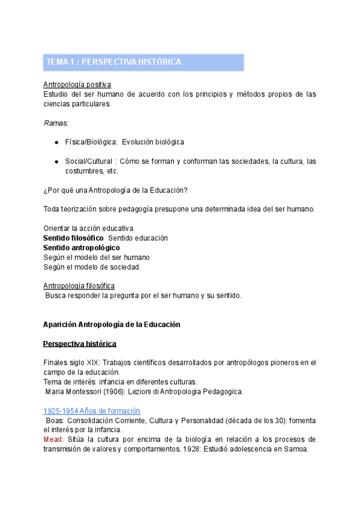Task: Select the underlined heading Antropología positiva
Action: (x=77, y=85)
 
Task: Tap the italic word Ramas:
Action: (x=56, y=122)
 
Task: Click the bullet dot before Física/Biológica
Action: (x=56, y=142)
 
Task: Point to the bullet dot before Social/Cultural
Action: (x=56, y=161)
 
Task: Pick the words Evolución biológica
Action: (x=152, y=142)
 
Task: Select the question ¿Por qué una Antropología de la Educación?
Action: (x=115, y=190)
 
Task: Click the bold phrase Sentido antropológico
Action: (x=82, y=247)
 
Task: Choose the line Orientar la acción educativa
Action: (x=88, y=228)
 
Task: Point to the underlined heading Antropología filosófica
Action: (x=79, y=286)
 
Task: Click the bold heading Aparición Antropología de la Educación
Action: (x=112, y=324)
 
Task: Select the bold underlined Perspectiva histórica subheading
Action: (x=80, y=343)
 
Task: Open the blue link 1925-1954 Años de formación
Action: (x=92, y=411)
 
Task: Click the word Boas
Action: (x=55, y=420)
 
